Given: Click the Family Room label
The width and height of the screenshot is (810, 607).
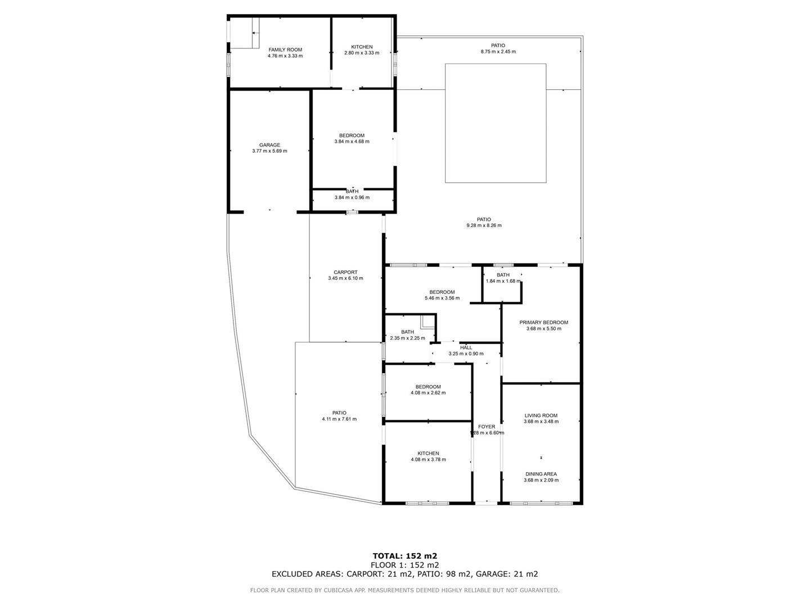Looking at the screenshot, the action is tap(285, 50).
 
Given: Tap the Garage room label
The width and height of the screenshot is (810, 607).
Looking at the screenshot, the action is tap(269, 145).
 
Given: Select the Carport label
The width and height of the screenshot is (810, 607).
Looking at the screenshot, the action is tap(345, 273).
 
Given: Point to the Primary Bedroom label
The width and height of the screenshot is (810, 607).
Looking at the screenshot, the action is tap(543, 323).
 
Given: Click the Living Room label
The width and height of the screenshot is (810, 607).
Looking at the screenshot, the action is tap(541, 415).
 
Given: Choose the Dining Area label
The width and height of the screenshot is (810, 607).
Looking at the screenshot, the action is tap(541, 474).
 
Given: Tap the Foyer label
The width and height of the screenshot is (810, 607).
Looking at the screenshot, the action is tap(487, 427).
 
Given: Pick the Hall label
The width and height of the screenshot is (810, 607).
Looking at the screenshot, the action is tap(466, 347).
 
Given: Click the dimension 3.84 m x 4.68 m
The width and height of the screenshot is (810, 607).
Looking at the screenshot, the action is tap(352, 142).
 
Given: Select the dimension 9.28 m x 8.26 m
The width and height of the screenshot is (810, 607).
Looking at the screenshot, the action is tap(484, 225).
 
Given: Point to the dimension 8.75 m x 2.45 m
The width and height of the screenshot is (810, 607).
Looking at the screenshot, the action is tap(498, 52).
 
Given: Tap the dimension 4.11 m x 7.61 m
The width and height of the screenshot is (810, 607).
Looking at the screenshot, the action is tap(339, 419).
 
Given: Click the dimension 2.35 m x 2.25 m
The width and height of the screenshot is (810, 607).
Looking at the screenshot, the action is tap(407, 338).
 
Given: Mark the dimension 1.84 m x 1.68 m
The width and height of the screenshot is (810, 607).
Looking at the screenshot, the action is tap(503, 281).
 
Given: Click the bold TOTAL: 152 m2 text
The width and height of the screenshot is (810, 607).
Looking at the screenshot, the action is tap(405, 556).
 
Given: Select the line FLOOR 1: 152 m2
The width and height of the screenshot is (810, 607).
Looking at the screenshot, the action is tap(405, 565).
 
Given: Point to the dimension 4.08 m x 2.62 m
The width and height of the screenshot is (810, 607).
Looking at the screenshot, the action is tap(428, 393).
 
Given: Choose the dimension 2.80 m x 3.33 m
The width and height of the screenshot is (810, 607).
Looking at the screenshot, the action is tap(362, 53).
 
